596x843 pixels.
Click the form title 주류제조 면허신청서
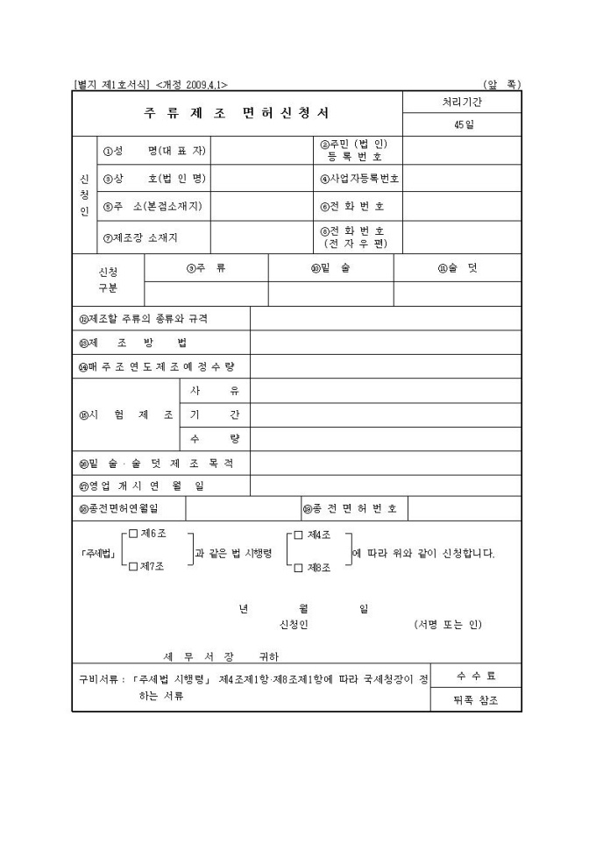(x=238, y=114)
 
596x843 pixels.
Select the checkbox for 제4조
(x=299, y=535)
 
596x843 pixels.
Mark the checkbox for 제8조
(x=299, y=567)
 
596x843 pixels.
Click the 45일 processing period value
(x=463, y=125)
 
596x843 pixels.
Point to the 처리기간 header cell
(x=463, y=102)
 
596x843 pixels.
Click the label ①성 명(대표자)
(x=153, y=150)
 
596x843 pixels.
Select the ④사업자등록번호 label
(x=359, y=178)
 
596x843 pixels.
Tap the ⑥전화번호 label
(x=352, y=207)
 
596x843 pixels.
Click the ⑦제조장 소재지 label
(x=145, y=236)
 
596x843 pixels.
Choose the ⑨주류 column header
(x=206, y=268)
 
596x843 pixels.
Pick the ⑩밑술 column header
(x=330, y=268)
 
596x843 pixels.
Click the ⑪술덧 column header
(x=458, y=268)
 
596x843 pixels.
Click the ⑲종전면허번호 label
(x=351, y=507)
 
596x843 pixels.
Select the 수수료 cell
(x=476, y=676)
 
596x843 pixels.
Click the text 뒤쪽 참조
(x=476, y=700)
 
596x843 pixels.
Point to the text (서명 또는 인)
(x=448, y=625)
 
